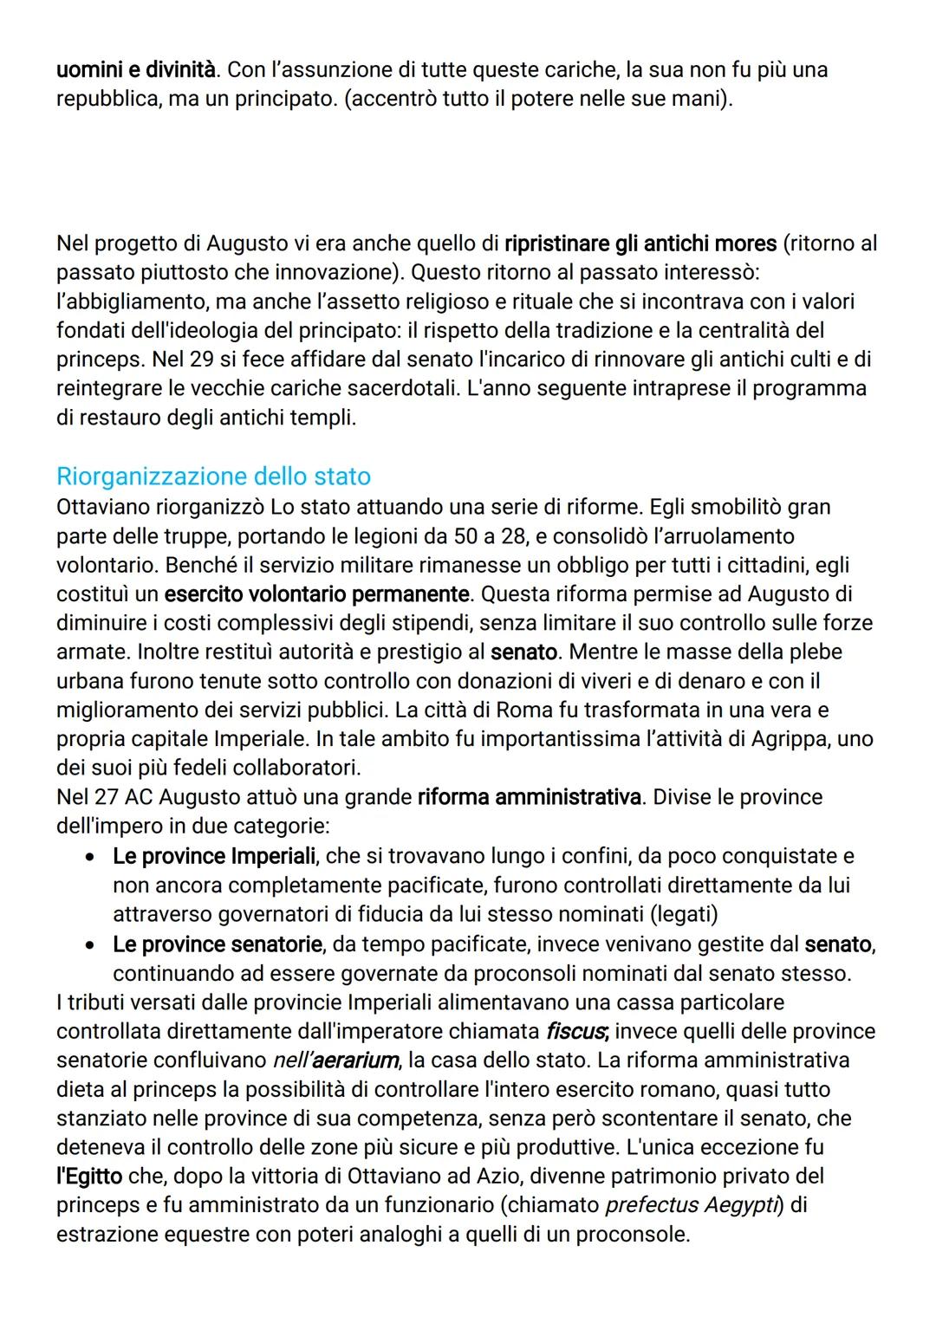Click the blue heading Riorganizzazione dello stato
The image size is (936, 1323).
pos(213,477)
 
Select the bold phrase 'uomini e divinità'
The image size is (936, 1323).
pos(136,68)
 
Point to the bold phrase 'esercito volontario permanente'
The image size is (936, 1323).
pos(317,594)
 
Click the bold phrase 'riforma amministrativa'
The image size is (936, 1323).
pos(529,796)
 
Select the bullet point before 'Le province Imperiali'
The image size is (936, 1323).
pos(89,857)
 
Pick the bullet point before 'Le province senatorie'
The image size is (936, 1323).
pos(89,944)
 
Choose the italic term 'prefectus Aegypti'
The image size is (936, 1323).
pos(690,1205)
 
